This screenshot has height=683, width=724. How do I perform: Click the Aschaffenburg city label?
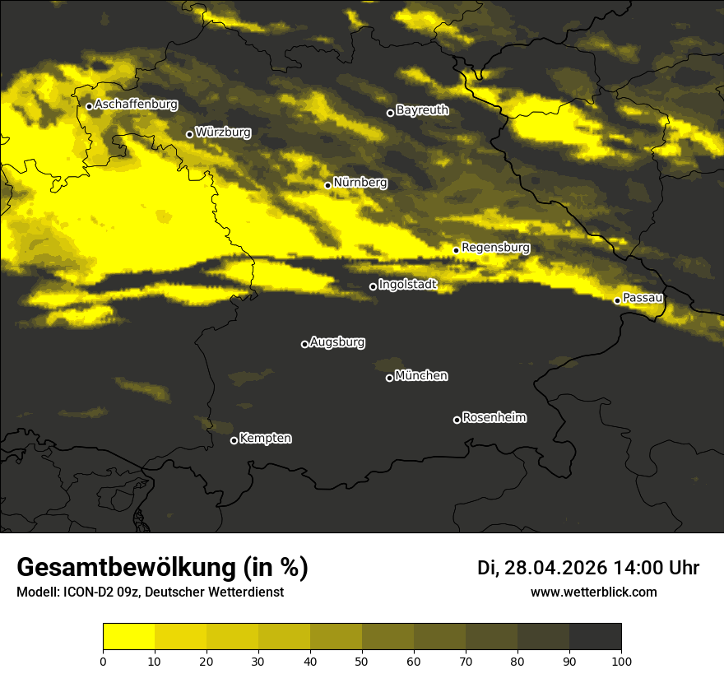[x=136, y=105]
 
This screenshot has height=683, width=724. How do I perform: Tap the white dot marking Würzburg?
[x=189, y=134]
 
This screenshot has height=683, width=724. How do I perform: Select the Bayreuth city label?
[x=422, y=110]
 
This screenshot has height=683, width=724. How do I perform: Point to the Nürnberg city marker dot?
[x=327, y=185]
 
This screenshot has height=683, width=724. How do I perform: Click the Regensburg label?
[x=495, y=248]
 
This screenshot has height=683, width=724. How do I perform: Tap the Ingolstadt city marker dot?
[x=373, y=286]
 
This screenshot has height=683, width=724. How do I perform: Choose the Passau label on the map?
[x=643, y=298]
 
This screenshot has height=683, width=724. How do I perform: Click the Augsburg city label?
[x=337, y=342]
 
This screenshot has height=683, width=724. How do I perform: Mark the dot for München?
[x=389, y=378]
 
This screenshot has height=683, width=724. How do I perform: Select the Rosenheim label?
[x=494, y=418]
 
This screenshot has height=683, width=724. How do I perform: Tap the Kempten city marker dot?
[x=234, y=440]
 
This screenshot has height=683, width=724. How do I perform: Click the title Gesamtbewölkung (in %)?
[x=162, y=568]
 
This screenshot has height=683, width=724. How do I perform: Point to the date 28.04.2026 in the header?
[x=555, y=568]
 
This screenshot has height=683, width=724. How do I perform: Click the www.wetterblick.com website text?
[x=593, y=592]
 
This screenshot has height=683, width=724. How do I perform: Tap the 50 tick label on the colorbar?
[x=362, y=660]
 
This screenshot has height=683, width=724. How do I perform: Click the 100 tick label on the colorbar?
[x=621, y=660]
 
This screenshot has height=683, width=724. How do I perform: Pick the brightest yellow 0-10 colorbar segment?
[x=128, y=637]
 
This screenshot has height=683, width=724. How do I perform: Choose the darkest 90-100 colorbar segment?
[x=595, y=637]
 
